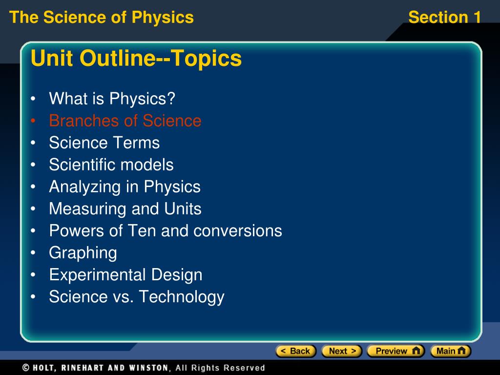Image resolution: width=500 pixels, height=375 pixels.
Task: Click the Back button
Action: [296, 351]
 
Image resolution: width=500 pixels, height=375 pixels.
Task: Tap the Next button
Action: [342, 351]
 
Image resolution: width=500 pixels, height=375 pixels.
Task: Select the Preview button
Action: [396, 351]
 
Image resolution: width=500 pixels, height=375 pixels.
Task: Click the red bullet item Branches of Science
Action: [125, 121]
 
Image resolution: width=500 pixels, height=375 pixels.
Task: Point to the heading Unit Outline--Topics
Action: [136, 58]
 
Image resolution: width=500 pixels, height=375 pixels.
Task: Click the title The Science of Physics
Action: [102, 17]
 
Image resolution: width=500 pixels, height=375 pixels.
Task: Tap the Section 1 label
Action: [445, 17]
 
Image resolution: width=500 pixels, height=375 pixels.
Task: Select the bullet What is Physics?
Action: [112, 99]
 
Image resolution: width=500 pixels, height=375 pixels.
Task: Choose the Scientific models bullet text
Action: [111, 165]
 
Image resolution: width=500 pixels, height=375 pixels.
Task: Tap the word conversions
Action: [238, 230]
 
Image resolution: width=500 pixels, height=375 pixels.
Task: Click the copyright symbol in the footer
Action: [26, 368]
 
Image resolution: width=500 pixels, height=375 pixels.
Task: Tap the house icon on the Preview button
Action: [416, 351]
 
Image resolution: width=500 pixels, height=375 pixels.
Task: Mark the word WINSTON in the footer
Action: [148, 368]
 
